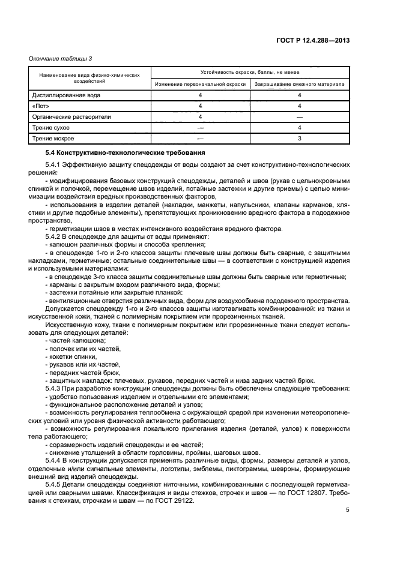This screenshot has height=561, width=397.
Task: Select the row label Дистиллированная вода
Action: pos(67,95)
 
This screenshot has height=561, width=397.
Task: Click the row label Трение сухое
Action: pos(51,128)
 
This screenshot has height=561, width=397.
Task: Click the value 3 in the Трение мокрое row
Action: pos(299,139)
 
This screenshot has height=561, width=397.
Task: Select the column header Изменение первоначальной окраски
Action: pos(200,84)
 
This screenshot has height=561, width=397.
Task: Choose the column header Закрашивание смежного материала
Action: pos(299,84)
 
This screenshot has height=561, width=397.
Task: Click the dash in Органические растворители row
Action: pos(299,117)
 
